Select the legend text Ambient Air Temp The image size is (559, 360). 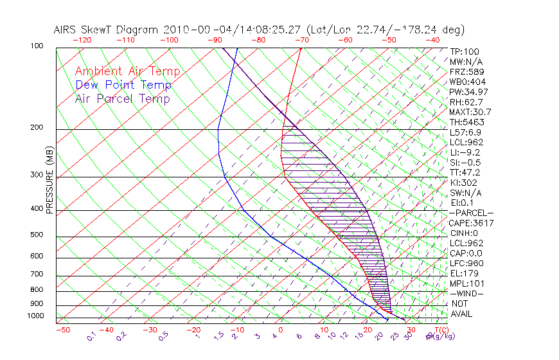pos(127,71)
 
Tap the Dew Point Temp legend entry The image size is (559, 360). pos(123,85)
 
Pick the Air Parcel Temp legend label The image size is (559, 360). pos(122,98)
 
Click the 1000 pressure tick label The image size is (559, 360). pos(36,316)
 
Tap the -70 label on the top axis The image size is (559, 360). pos(300,40)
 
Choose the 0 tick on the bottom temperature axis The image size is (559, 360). pos(281,330)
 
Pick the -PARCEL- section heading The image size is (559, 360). pos(471,213)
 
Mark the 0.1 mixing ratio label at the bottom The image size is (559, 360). pos(92,336)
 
